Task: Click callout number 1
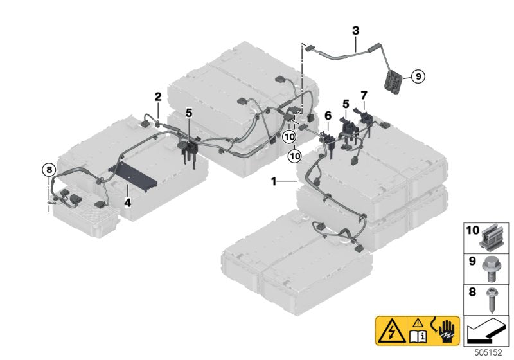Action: (274, 182)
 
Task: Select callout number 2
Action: (157, 97)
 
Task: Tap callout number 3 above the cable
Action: (356, 30)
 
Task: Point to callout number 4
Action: (128, 203)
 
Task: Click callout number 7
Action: (364, 95)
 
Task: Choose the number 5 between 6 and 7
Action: (346, 103)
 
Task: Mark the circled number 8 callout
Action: (48, 170)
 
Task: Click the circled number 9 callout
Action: (416, 76)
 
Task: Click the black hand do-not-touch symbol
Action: (445, 331)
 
